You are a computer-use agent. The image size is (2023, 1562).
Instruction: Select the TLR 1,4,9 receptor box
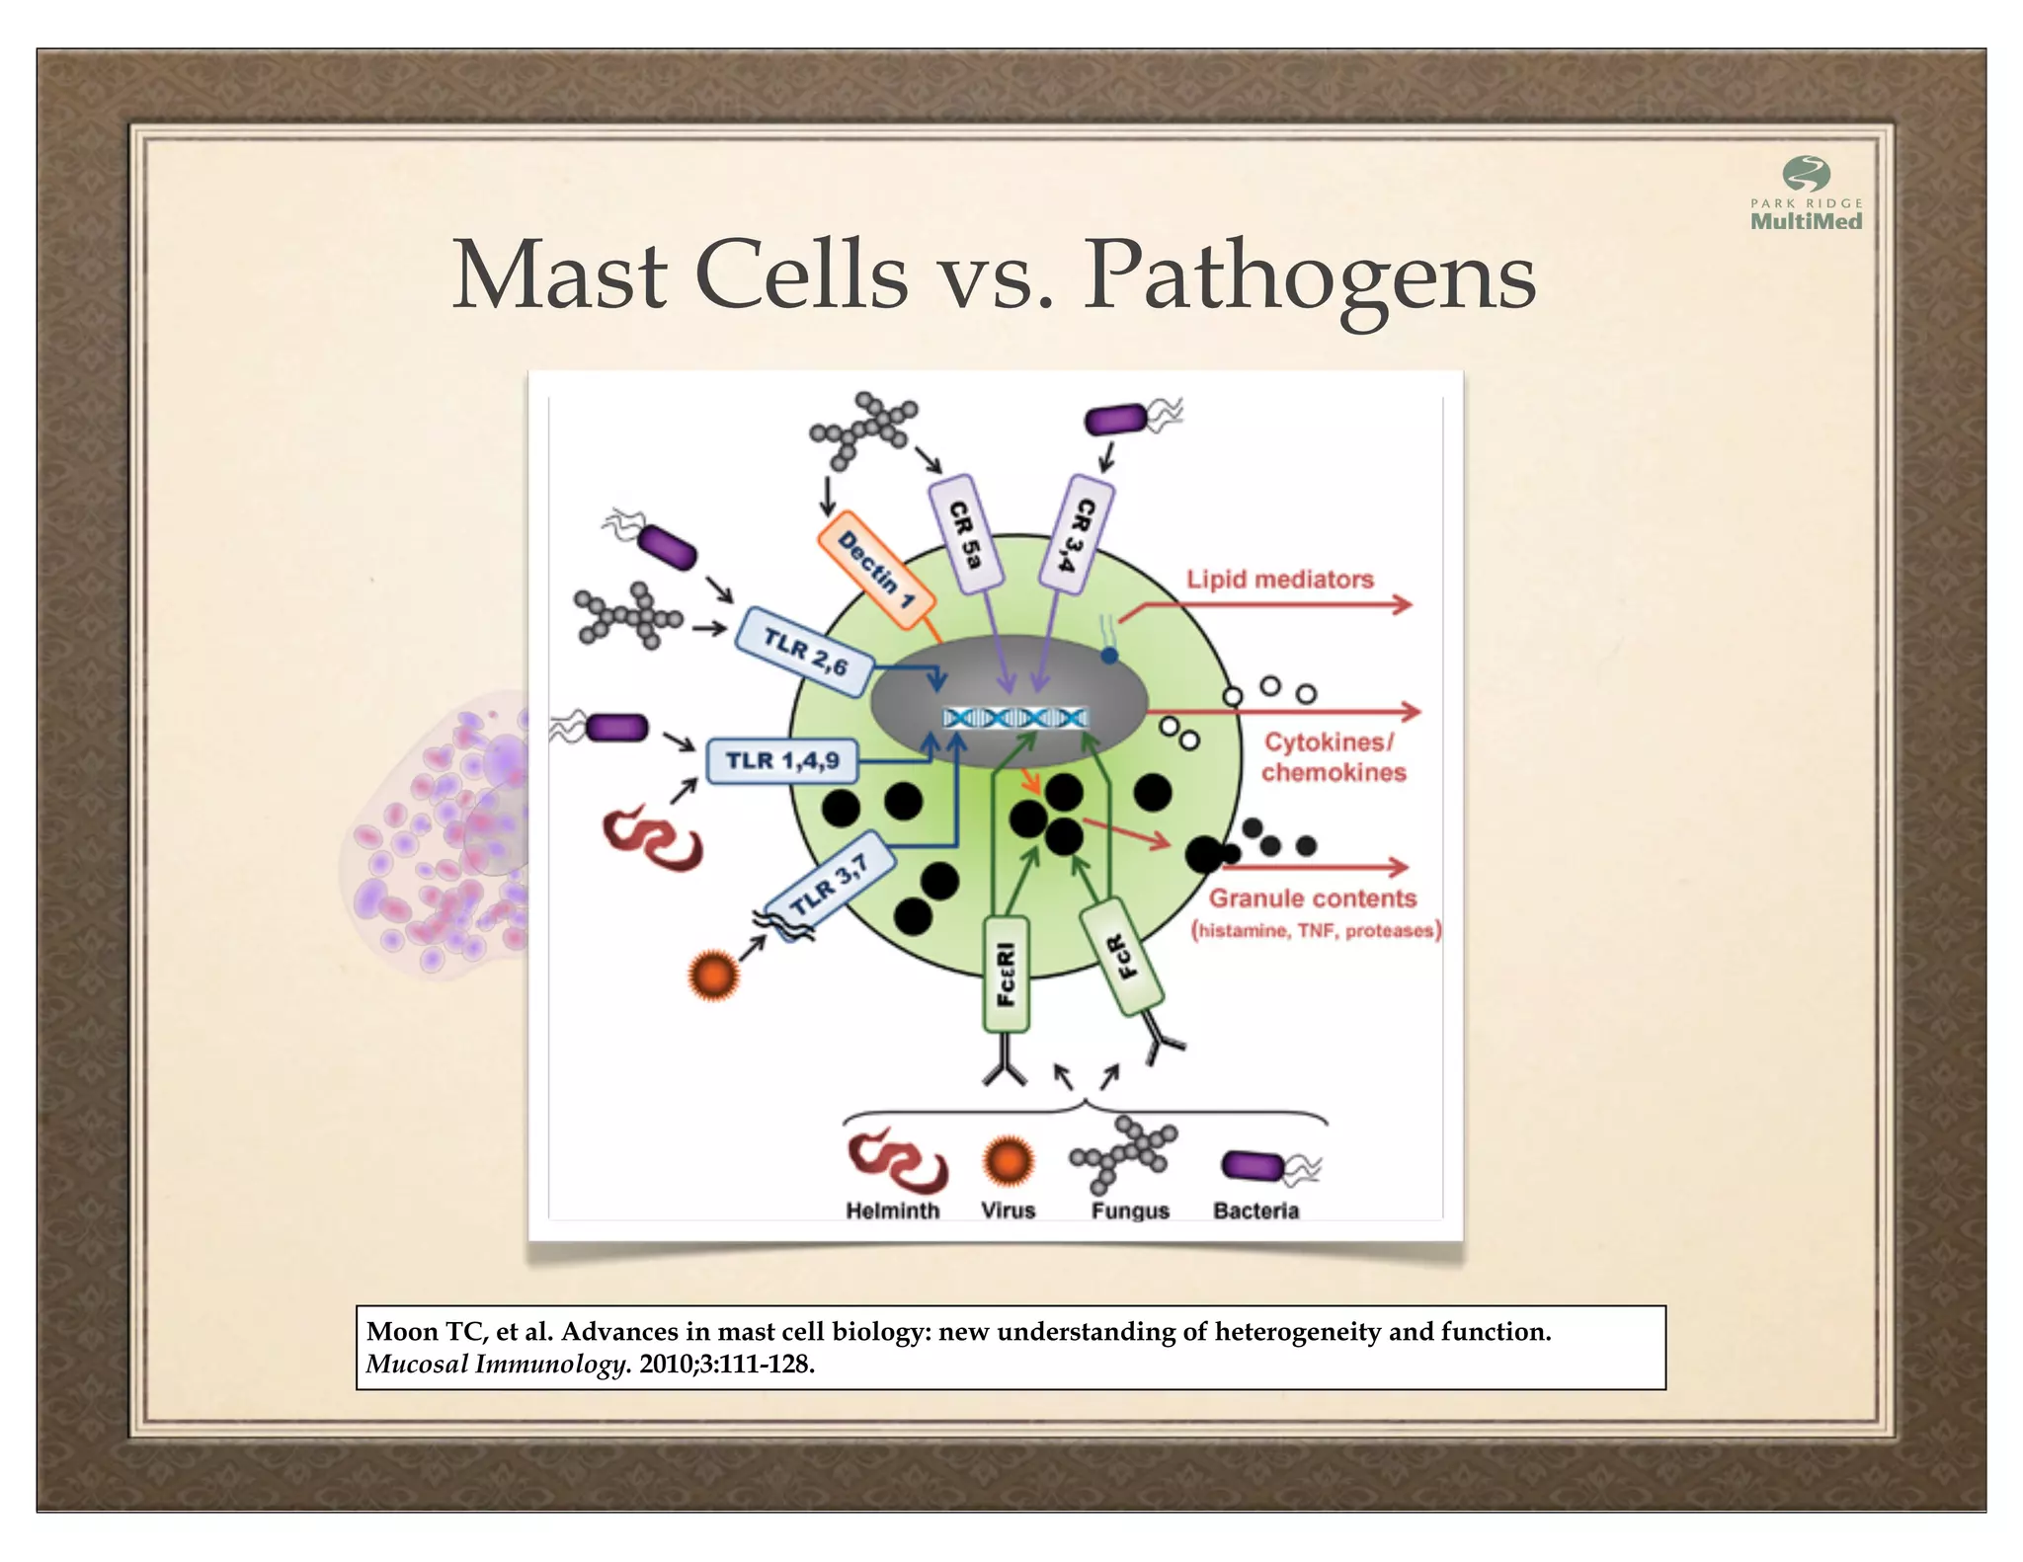[782, 760]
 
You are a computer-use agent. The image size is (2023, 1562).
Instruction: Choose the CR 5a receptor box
[965, 534]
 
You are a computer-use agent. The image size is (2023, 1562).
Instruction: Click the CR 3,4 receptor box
[1078, 533]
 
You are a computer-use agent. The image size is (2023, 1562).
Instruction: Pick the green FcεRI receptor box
[1007, 974]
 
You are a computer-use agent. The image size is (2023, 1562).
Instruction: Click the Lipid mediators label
[1279, 580]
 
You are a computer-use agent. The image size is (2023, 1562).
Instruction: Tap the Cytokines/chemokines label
[1332, 757]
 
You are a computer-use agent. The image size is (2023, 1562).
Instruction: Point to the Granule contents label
[1313, 898]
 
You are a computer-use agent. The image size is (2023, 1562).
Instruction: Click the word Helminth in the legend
[892, 1211]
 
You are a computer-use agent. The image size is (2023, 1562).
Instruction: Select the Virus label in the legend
[1008, 1211]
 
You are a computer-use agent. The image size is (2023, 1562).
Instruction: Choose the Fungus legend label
[1130, 1211]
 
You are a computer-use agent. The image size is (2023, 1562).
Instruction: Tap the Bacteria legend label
[1255, 1211]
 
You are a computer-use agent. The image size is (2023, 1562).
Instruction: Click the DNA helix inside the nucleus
[1015, 718]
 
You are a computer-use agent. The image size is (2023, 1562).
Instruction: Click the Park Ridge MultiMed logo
[1806, 195]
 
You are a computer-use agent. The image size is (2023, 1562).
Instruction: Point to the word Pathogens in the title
[1310, 276]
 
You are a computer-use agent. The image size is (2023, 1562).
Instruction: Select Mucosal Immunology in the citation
[498, 1365]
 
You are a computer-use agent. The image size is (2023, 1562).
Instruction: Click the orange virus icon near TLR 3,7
[713, 976]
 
